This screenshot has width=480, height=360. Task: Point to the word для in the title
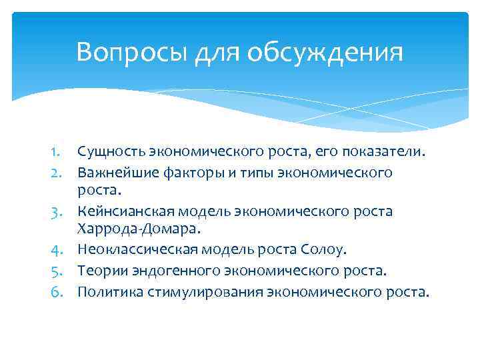218,52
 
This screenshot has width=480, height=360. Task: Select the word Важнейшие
113,172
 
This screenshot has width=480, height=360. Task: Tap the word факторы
189,172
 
